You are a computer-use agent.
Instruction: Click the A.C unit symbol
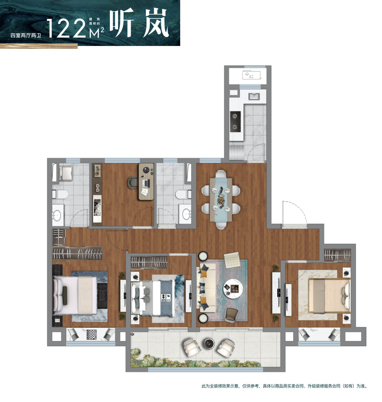click(251, 75)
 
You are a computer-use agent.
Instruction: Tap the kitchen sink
click(254, 96)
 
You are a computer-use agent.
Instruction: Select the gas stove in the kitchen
click(235, 122)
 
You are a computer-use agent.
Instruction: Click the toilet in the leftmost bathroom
click(60, 194)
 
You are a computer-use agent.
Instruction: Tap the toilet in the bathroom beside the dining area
click(183, 194)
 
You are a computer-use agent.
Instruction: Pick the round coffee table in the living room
click(233, 289)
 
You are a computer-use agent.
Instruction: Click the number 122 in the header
click(67, 28)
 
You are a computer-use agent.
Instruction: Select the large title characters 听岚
click(139, 23)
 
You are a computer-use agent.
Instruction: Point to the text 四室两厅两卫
click(26, 36)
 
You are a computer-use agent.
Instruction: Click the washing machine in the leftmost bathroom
click(66, 173)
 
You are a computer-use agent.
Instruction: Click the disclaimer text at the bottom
click(284, 386)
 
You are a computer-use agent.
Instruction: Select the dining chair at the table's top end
click(221, 174)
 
